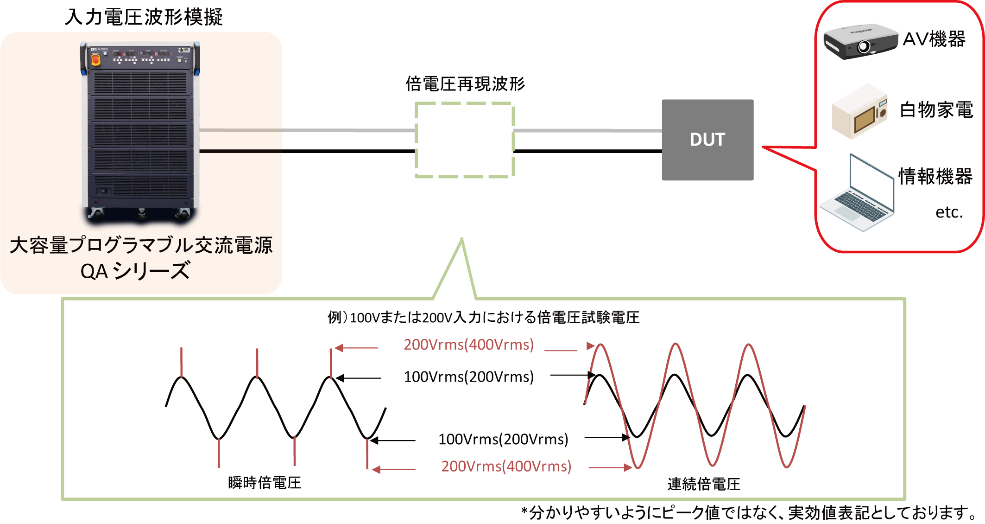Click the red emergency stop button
(95, 60)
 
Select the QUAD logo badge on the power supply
(184, 50)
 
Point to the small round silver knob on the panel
(106, 54)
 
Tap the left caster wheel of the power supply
(98, 213)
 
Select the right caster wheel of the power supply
(184, 213)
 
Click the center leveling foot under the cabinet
(141, 214)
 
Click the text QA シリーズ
(135, 271)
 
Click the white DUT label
(707, 140)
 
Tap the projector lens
(864, 47)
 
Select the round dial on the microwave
(883, 113)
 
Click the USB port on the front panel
(185, 59)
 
